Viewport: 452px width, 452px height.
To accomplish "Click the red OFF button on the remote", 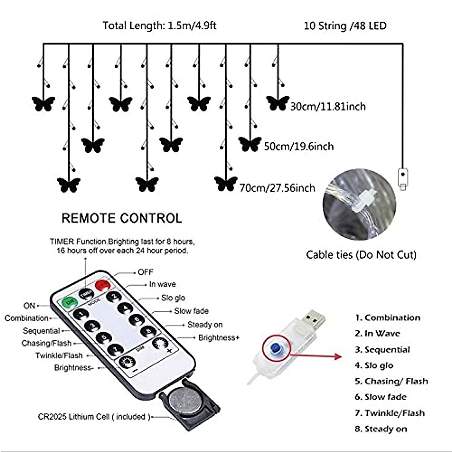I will [102, 285].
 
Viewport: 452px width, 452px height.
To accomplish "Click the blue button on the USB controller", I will [276, 347].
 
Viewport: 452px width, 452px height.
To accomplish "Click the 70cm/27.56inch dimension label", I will [277, 188].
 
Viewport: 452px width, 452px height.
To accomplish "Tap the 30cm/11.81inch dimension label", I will [328, 107].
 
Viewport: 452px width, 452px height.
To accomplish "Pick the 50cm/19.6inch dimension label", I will [299, 146].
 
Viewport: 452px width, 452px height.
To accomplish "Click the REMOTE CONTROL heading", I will [122, 218].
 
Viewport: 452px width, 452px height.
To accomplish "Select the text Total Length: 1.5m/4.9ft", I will [159, 26].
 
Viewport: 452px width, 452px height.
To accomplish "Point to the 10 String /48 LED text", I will [345, 26].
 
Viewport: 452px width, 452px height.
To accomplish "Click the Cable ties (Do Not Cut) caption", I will [361, 255].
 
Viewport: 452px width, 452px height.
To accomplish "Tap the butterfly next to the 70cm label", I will [226, 183].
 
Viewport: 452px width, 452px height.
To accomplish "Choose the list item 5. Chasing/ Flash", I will [391, 381].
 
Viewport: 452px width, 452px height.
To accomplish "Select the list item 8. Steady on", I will [380, 429].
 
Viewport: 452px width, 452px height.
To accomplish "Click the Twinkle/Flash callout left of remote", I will [59, 356].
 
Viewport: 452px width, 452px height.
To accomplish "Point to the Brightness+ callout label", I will [219, 337].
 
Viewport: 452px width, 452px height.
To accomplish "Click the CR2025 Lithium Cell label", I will [94, 417].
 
